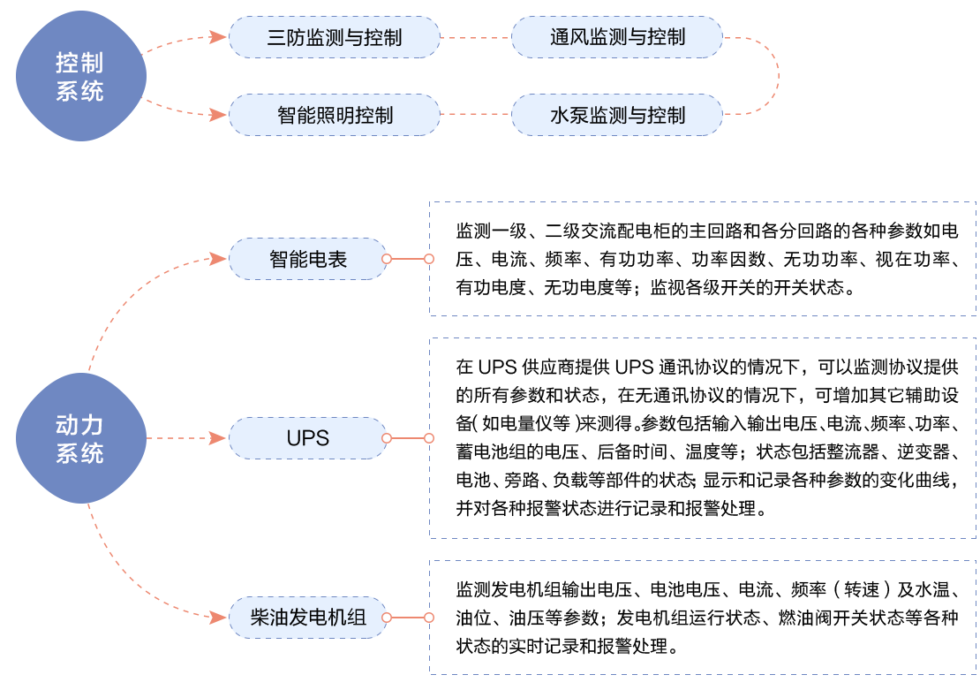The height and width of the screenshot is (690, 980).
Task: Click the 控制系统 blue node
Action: [x=79, y=76]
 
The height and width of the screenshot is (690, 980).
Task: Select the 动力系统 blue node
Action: [x=79, y=439]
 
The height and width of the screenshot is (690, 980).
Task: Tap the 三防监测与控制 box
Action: [x=335, y=37]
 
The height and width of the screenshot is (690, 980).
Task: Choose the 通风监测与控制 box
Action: [x=617, y=37]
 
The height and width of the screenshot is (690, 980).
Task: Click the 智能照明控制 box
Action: [x=335, y=115]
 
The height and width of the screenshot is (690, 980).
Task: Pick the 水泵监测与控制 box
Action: [x=617, y=115]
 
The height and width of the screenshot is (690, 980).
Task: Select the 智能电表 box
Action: [x=308, y=259]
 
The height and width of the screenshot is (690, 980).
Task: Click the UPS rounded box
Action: [x=308, y=438]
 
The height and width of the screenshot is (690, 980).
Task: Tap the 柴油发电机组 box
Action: [x=308, y=618]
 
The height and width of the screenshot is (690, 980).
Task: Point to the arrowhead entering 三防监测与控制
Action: [x=220, y=36]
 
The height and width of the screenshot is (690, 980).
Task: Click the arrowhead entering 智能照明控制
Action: [x=220, y=115]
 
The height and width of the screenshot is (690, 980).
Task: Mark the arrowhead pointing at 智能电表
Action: [x=220, y=258]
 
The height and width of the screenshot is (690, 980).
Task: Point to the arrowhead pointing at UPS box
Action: [x=220, y=438]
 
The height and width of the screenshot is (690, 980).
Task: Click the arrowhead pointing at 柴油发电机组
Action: [x=220, y=617]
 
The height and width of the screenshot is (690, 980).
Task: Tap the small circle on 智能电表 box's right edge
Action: [x=386, y=259]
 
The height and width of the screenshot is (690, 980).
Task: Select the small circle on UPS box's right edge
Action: [x=386, y=438]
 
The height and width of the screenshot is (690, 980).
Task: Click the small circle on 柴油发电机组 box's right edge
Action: [x=386, y=618]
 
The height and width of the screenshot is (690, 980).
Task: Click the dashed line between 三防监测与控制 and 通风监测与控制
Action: [x=476, y=37]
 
